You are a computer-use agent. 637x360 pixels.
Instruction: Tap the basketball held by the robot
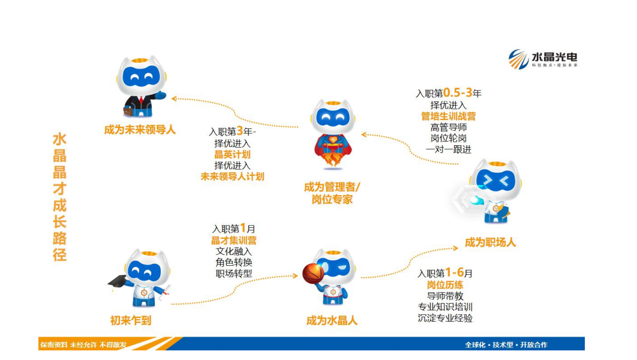(313, 273)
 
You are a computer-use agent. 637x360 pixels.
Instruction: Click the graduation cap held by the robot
(119, 280)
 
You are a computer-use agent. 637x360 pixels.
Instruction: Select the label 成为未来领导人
(140, 129)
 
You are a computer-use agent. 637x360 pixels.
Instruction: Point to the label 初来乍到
(131, 320)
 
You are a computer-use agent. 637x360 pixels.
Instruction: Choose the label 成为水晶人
(332, 320)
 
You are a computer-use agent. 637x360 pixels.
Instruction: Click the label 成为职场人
(490, 242)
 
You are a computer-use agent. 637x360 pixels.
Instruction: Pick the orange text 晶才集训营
(233, 241)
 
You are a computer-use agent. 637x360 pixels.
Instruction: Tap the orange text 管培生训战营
(448, 116)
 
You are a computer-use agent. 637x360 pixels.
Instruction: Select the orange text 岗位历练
(445, 284)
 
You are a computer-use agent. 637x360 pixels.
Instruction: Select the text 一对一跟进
(448, 149)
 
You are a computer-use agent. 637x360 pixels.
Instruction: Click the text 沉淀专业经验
(445, 318)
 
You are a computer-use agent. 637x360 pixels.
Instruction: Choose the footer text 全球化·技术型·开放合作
(506, 344)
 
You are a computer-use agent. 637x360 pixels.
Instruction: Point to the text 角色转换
(234, 263)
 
